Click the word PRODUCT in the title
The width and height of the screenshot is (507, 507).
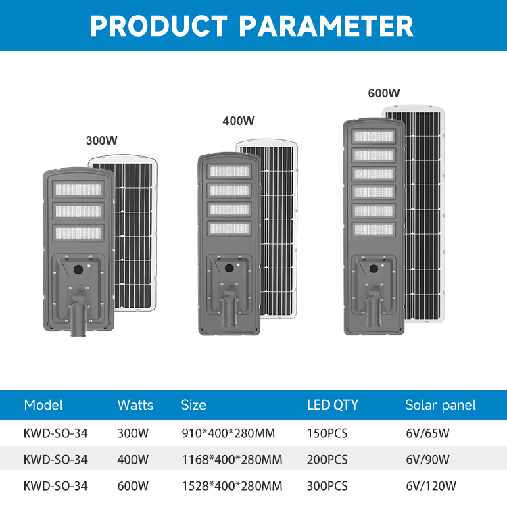159,26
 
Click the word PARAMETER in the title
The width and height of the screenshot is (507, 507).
326,26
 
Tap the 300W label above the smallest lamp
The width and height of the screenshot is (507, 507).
101,141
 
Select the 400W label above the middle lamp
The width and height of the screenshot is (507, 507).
239,121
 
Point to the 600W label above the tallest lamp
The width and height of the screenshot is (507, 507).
384,93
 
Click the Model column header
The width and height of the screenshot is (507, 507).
43,405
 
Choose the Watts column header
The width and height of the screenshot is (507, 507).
135,405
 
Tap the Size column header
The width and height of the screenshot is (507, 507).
193,405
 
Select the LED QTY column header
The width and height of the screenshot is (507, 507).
333,405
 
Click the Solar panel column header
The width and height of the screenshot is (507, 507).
440,405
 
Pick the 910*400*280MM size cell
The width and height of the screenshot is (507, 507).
228,433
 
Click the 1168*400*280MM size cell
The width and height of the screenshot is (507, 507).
232,460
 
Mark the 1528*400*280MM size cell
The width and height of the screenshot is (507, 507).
232,486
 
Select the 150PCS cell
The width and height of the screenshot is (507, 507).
327,433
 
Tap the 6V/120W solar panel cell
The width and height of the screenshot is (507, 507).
431,486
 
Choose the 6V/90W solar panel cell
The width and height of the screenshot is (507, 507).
427,460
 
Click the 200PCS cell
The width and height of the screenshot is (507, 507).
327,460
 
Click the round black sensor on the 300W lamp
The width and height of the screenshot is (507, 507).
78,269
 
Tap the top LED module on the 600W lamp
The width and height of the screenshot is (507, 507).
373,137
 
